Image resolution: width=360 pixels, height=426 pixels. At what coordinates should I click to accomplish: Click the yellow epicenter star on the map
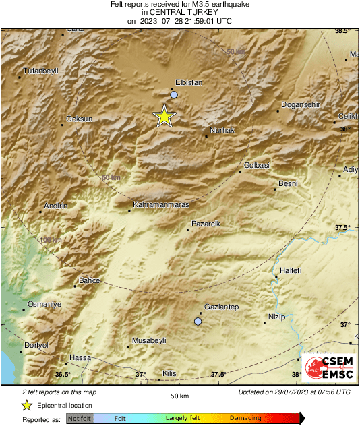(x=164, y=117)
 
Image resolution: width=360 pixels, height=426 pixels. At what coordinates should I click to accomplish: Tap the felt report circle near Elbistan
(x=174, y=95)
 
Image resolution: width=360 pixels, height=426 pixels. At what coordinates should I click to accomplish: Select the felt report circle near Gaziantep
(x=198, y=322)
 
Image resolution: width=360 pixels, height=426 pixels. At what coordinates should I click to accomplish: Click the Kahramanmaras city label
(x=161, y=204)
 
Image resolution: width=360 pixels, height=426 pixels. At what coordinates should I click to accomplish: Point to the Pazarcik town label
(x=206, y=223)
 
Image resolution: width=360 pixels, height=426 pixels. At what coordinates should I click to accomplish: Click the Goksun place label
(x=79, y=119)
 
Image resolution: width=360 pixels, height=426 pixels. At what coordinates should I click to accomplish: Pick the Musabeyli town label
(x=149, y=340)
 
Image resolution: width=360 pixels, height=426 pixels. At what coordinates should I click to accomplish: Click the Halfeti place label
(x=290, y=270)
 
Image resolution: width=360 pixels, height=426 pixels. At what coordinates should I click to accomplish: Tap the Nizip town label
(x=277, y=317)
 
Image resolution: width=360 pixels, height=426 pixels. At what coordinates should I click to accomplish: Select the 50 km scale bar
(x=179, y=390)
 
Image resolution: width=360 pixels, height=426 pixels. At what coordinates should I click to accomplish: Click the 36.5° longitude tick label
(x=63, y=374)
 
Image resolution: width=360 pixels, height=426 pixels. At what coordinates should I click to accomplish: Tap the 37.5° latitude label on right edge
(x=344, y=228)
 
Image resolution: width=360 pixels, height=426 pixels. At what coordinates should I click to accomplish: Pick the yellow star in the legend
(x=26, y=405)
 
